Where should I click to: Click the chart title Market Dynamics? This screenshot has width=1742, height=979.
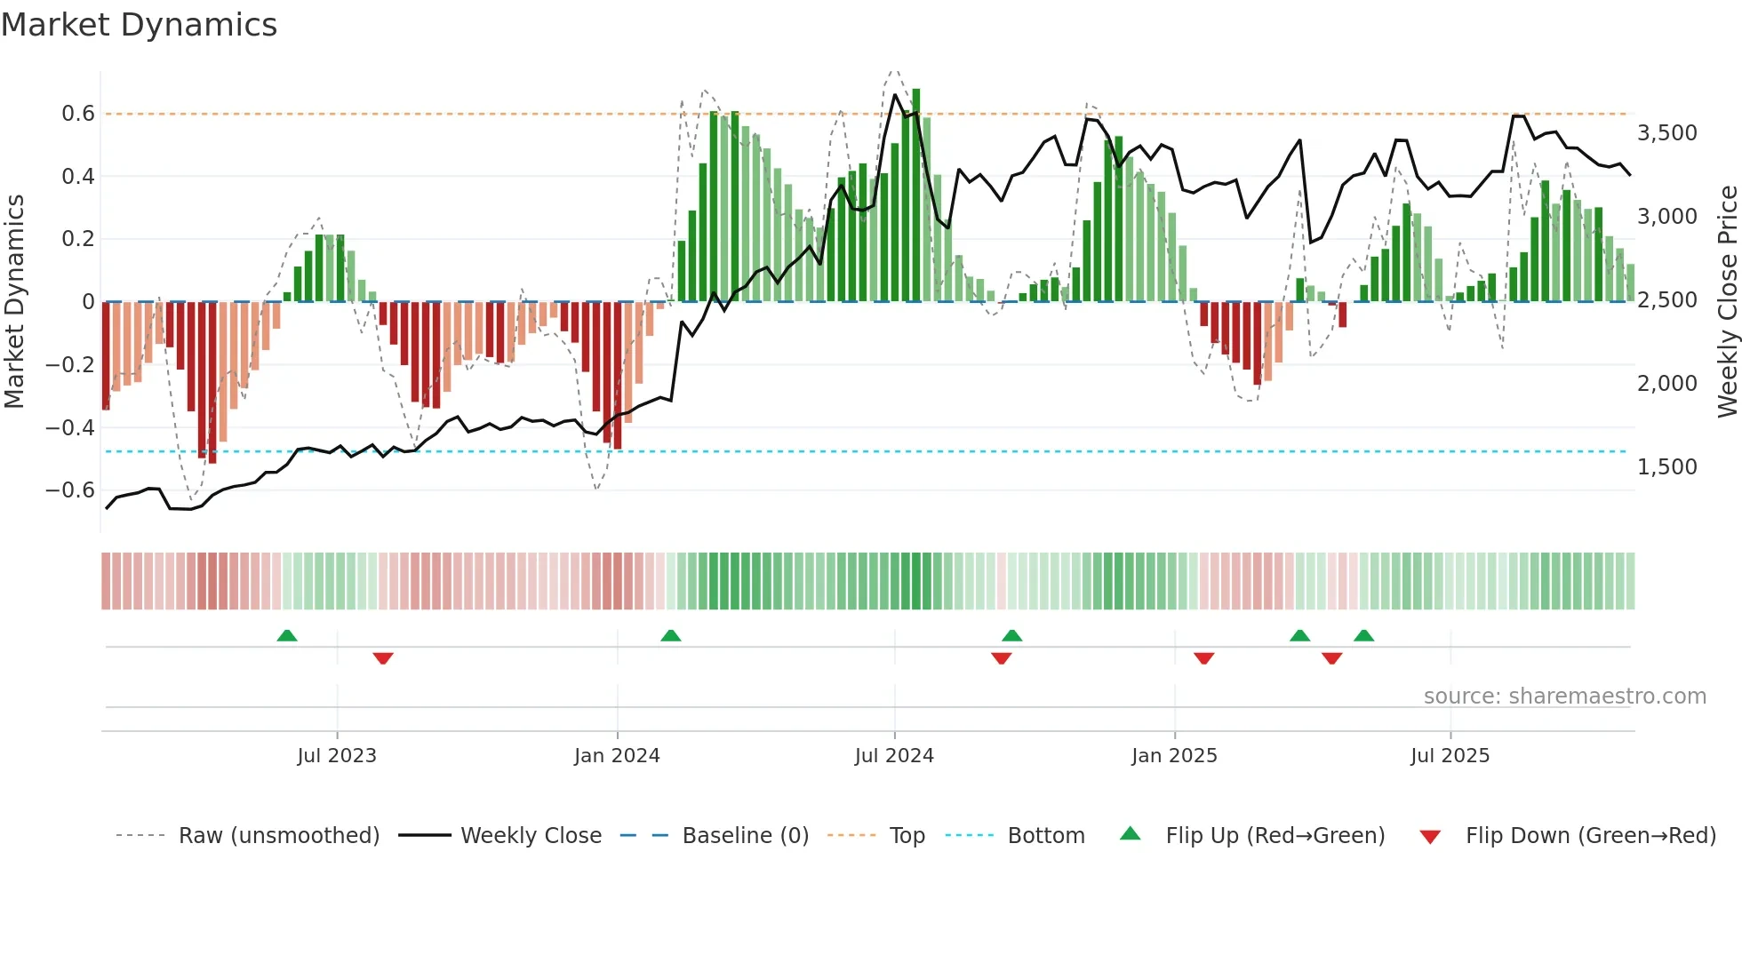(x=140, y=25)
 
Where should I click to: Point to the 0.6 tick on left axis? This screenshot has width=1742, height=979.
(x=77, y=114)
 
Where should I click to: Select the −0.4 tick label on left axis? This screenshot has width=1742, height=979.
(x=70, y=427)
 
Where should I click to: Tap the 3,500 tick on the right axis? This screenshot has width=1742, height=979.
(x=1666, y=133)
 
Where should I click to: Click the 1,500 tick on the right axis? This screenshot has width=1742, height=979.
(x=1666, y=467)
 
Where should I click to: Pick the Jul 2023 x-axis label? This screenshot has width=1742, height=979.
(x=337, y=756)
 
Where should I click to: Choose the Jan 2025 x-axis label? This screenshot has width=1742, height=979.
(x=1174, y=756)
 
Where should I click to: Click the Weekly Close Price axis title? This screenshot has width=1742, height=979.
(x=1727, y=302)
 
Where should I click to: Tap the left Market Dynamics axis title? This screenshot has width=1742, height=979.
(x=14, y=302)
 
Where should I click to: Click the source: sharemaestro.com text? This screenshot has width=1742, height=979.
(x=1564, y=696)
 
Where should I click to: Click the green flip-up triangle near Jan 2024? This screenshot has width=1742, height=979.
(x=671, y=636)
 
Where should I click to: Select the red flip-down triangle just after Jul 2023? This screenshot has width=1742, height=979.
(x=383, y=658)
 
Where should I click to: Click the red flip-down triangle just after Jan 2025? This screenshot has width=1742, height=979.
(x=1204, y=658)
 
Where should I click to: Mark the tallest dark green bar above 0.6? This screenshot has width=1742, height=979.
(x=916, y=195)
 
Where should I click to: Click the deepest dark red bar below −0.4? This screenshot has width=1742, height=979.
(x=212, y=382)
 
